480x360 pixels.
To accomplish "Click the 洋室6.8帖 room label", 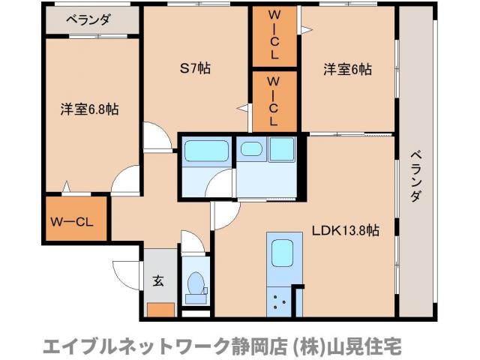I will pyautogui.click(x=88, y=109).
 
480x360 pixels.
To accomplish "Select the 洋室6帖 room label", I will pyautogui.click(x=347, y=70).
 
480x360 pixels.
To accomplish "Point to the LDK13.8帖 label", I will pyautogui.click(x=344, y=230).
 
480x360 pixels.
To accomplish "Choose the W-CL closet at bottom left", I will pyautogui.click(x=71, y=221).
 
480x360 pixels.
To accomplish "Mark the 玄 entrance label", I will pyautogui.click(x=159, y=281).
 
